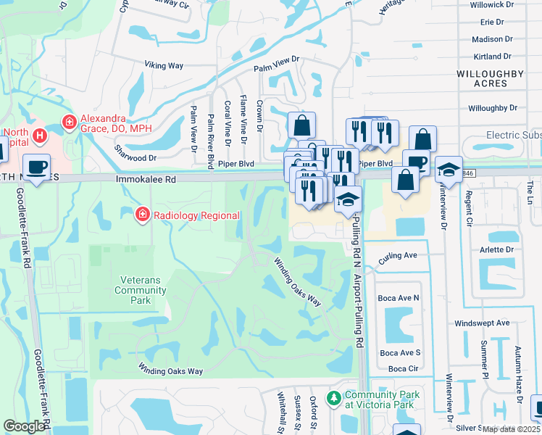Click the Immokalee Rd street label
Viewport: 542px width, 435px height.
coord(145,178)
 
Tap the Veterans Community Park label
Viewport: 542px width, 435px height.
coord(140,285)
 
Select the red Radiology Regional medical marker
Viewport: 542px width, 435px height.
coord(142,215)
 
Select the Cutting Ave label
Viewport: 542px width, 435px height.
coord(398,255)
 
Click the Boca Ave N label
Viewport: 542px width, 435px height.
coord(399,297)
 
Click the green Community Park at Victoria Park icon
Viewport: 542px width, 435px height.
coord(333,398)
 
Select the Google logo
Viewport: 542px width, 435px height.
coord(24,426)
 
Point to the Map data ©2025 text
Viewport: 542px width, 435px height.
coord(511,429)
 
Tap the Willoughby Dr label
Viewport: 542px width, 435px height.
coord(493,108)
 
